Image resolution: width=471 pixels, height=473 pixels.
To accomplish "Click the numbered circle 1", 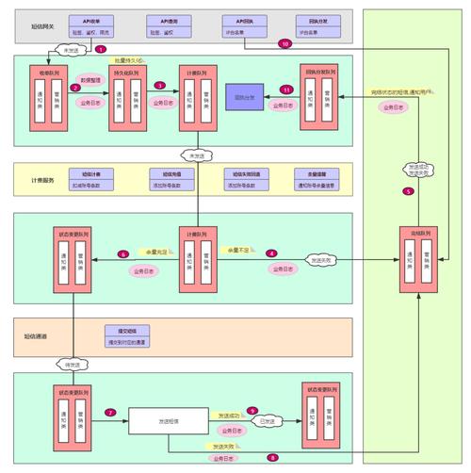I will [x=101, y=48].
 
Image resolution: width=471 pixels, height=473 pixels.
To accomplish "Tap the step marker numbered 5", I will [x=408, y=191].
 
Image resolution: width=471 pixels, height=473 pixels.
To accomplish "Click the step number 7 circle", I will [x=110, y=413].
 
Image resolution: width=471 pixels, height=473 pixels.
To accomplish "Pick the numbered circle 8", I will [x=272, y=457].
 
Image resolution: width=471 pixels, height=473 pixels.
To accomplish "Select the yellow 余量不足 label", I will [x=237, y=250].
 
